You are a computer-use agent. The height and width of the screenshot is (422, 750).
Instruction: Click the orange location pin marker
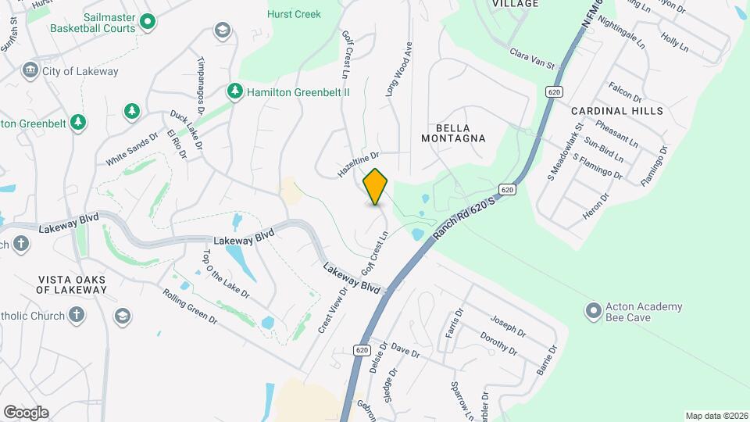point(376,186)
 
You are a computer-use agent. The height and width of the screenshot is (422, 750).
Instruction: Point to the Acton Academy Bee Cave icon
point(594,312)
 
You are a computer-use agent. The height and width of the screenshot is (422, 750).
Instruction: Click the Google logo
point(26,412)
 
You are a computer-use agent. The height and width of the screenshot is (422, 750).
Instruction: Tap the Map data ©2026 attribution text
point(716,416)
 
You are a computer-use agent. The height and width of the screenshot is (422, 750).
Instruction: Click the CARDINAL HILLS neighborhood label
point(616,111)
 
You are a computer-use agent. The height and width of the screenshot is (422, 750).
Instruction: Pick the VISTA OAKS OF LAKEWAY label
point(71,284)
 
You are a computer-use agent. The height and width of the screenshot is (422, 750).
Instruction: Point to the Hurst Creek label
point(294,14)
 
